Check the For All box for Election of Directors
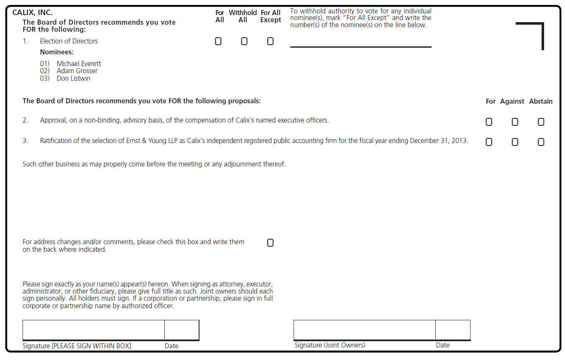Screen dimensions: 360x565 tap(218, 41)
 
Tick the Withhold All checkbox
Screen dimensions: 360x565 tap(244, 41)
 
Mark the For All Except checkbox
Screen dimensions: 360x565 tap(270, 41)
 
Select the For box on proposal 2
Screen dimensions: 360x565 tap(489, 122)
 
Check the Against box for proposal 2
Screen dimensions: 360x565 tap(515, 122)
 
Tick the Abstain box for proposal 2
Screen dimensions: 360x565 tap(541, 122)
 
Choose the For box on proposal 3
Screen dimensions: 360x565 tap(489, 142)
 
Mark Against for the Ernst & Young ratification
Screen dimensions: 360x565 tap(515, 142)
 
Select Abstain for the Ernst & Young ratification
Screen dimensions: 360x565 tap(541, 142)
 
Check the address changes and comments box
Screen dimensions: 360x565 tap(270, 243)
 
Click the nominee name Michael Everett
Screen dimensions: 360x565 tap(79, 64)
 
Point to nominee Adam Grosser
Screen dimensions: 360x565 tap(77, 71)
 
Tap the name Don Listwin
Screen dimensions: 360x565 tap(74, 79)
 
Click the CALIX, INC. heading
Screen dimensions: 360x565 tap(32, 13)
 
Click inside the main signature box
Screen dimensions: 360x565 tap(94, 330)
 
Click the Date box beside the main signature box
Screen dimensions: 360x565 tap(182, 330)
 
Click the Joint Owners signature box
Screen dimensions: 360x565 tap(364, 330)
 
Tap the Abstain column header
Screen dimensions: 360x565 tap(541, 102)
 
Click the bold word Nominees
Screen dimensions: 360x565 tap(56, 52)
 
